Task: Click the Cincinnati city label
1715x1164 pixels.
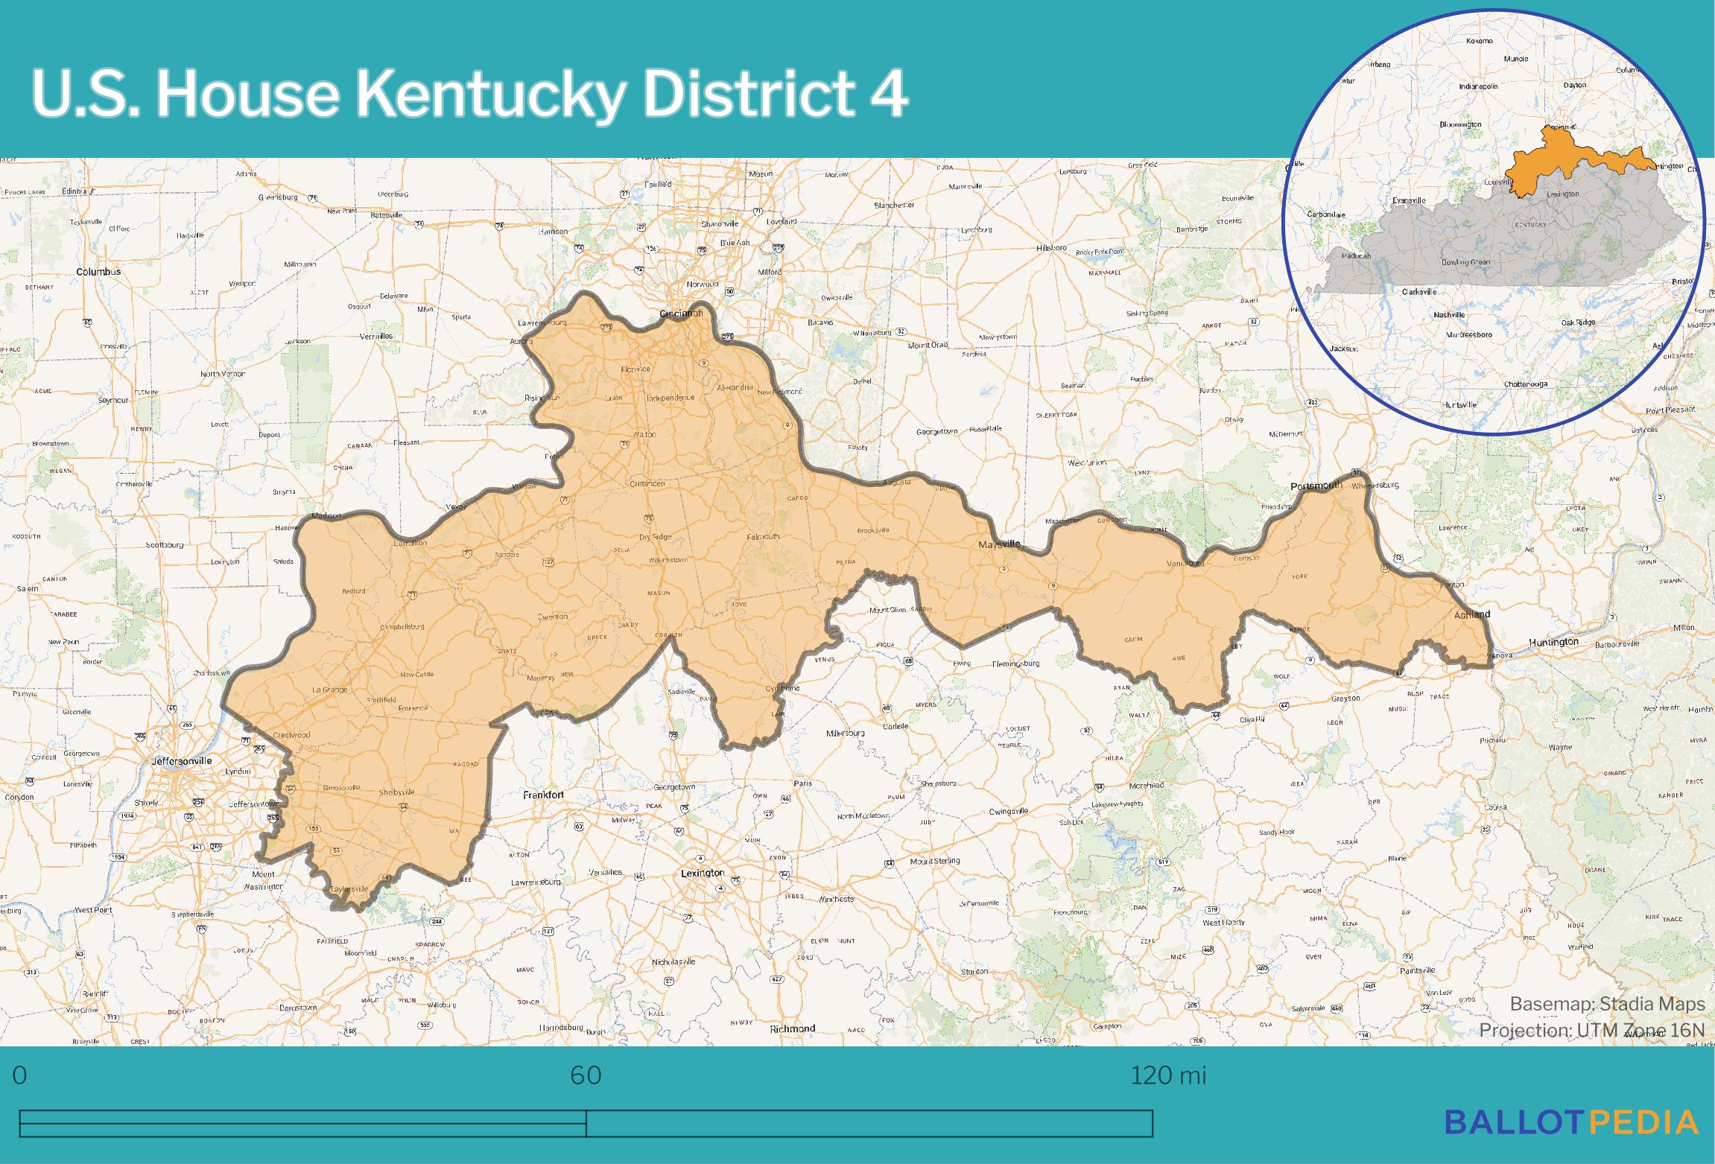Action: tap(681, 314)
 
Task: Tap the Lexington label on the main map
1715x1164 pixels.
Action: tap(702, 873)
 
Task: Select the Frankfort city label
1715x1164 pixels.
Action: tap(543, 795)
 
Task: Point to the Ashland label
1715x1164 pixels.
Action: tap(1472, 614)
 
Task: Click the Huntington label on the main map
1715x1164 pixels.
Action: tap(1553, 642)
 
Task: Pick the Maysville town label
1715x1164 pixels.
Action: tap(999, 545)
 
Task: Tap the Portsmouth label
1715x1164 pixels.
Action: tap(1316, 486)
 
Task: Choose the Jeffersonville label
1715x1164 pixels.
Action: tap(182, 761)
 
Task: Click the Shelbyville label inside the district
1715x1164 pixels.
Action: tap(396, 792)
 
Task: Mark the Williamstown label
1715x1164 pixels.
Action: tap(668, 559)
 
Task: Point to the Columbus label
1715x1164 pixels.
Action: tap(98, 272)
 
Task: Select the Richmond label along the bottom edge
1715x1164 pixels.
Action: tap(792, 1028)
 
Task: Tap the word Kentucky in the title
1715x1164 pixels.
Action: tap(488, 95)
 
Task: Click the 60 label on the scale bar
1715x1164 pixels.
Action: tap(586, 1075)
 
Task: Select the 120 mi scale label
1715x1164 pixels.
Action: tap(1167, 1075)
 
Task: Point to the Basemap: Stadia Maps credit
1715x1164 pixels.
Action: tap(1607, 1004)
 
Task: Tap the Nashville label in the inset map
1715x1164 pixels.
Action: tap(1449, 315)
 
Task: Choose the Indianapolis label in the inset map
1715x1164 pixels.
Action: tap(1478, 86)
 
